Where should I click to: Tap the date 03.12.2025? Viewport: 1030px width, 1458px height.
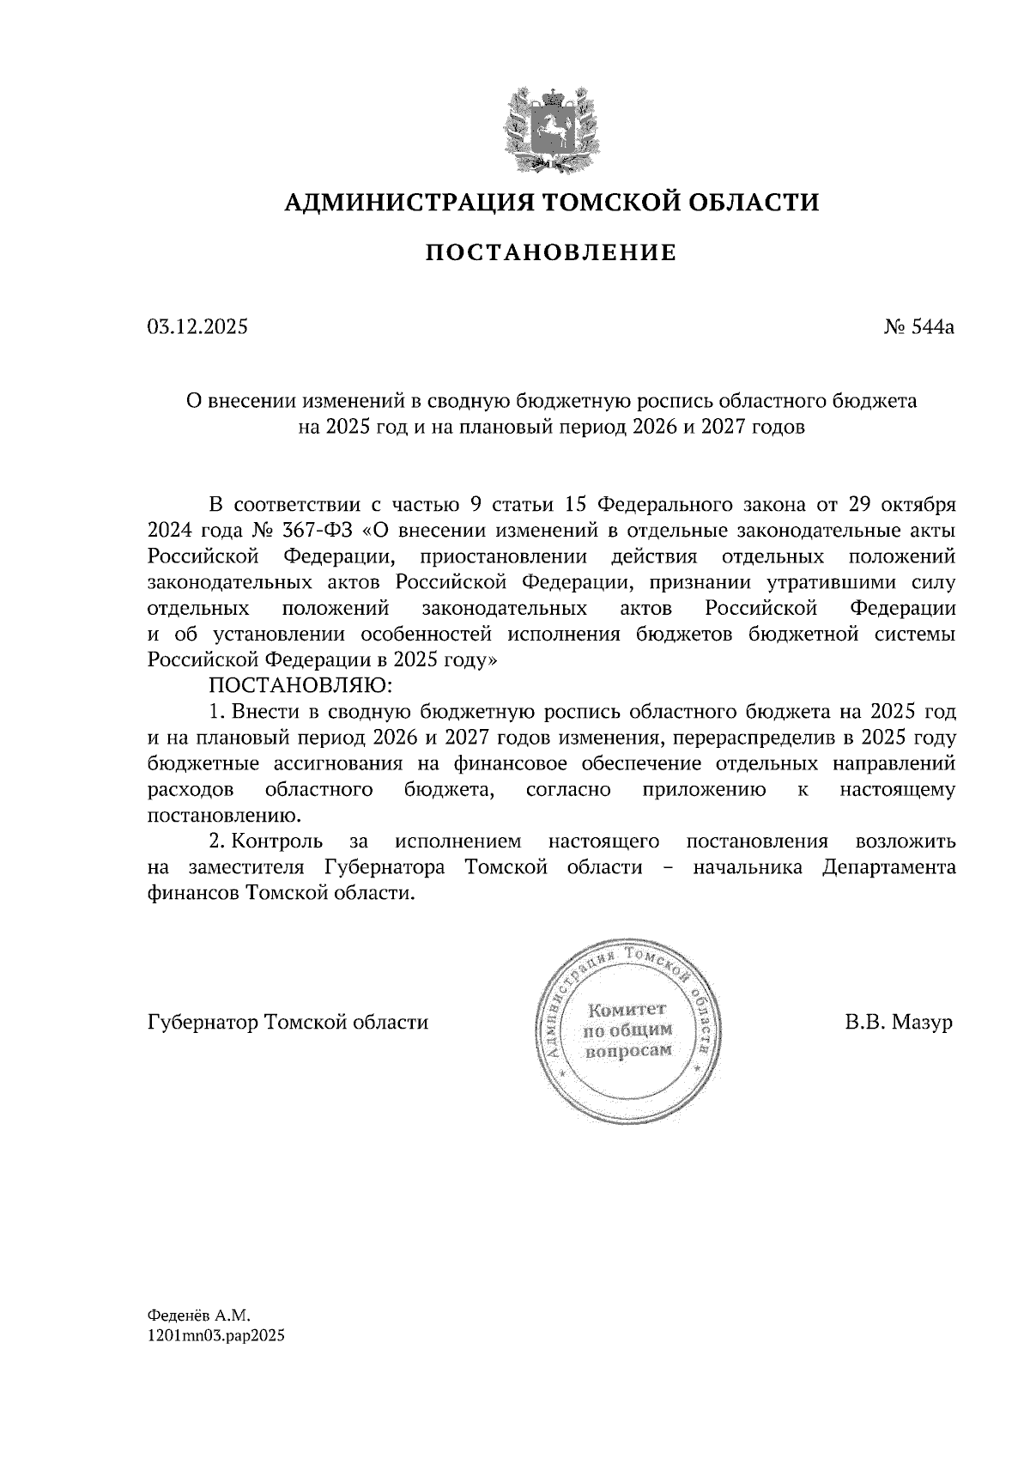(198, 326)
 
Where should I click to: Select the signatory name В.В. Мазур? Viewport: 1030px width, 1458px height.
(899, 1024)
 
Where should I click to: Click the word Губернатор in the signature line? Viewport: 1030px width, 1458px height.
(203, 1024)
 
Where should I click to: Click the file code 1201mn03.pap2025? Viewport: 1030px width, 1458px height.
(215, 1361)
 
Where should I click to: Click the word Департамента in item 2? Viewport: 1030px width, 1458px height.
(888, 867)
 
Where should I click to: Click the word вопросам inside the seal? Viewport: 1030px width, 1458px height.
(628, 1050)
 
